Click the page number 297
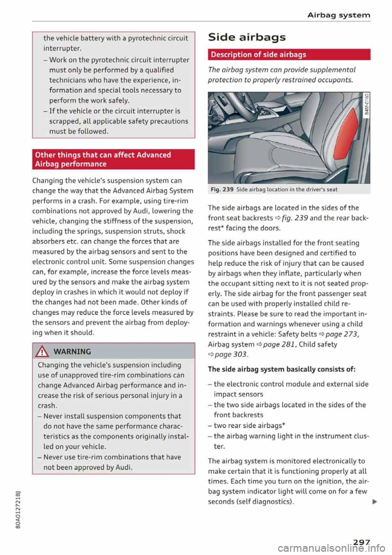coord(361,542)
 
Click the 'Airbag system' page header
coord(339,15)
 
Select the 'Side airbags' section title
coord(247,37)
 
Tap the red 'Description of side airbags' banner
coord(289,54)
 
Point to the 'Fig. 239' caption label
coord(222,190)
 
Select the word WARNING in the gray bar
coord(72,351)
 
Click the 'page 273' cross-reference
coord(342,334)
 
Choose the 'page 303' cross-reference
coord(231,354)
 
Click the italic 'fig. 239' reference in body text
coord(295,218)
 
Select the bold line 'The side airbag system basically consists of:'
coord(282,369)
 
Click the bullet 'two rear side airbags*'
coord(249,425)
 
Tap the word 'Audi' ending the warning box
coord(124,467)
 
